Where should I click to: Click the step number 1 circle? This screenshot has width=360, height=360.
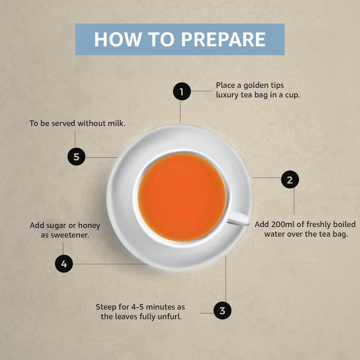(182, 91)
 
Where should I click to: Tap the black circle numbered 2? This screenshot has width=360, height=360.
(290, 179)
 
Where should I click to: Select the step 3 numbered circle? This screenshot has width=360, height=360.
(222, 310)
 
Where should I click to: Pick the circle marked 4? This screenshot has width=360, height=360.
(64, 264)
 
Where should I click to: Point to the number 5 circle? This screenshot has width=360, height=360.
(76, 157)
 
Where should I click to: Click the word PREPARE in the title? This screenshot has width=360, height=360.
(223, 39)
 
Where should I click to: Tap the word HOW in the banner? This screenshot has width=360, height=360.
(117, 39)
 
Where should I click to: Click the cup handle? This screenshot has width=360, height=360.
(239, 218)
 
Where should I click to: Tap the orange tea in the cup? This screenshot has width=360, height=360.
(182, 197)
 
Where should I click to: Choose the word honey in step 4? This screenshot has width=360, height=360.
(89, 225)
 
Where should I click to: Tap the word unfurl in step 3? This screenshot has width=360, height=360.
(169, 316)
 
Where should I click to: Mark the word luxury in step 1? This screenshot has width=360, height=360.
(227, 95)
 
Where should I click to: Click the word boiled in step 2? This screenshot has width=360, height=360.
(344, 224)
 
